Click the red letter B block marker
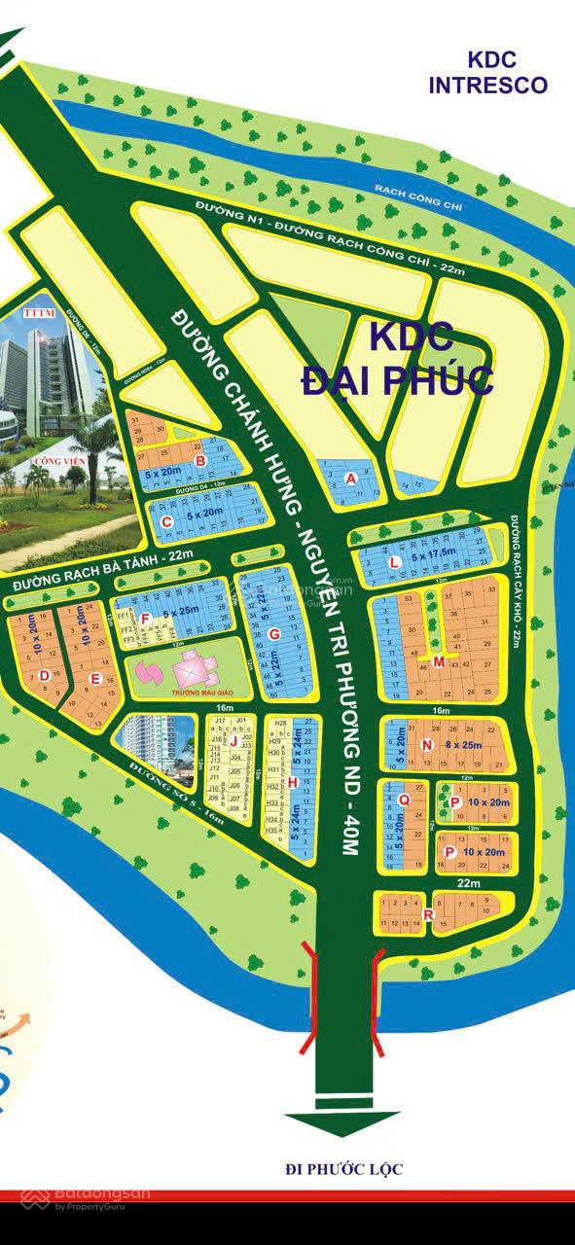199,461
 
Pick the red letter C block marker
167,522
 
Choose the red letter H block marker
291,782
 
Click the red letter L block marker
394,563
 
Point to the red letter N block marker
426,745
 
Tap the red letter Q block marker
404,800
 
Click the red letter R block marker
428,912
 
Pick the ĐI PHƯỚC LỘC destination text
343,1169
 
